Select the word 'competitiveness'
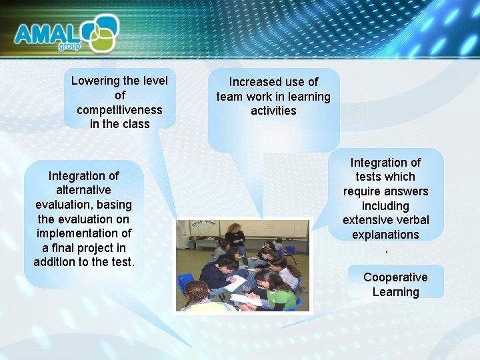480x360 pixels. tap(119, 109)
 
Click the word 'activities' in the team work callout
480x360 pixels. tap(273, 111)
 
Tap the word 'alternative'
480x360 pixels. tap(84, 190)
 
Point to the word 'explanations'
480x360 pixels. tap(385, 235)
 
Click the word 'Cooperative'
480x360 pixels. tap(395, 277)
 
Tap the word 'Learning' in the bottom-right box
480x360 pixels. tap(395, 292)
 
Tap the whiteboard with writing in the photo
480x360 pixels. tap(207, 229)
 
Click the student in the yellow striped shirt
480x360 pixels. tap(201, 300)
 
